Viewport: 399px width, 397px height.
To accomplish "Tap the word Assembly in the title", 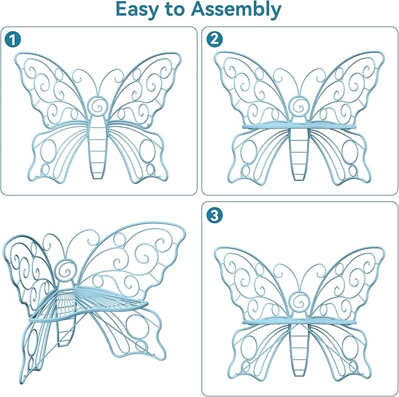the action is pyautogui.click(x=236, y=10).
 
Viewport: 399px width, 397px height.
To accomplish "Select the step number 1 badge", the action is pyautogui.click(x=12, y=39).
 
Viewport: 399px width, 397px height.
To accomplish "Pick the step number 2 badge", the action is pyautogui.click(x=214, y=39).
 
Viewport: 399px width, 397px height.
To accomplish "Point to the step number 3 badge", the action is pyautogui.click(x=214, y=215).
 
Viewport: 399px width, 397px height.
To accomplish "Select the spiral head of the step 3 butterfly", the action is pyautogui.click(x=299, y=301).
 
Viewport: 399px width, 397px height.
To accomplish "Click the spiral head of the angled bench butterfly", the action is pyautogui.click(x=66, y=271).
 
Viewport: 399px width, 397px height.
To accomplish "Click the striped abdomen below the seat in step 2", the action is pyautogui.click(x=299, y=154).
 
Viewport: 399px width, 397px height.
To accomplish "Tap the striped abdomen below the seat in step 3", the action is pyautogui.click(x=299, y=350).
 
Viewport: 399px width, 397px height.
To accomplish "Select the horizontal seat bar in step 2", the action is pyautogui.click(x=299, y=126).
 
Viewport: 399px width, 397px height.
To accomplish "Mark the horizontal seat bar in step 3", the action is pyautogui.click(x=299, y=322).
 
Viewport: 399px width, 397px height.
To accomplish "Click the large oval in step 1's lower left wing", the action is pyautogui.click(x=48, y=152).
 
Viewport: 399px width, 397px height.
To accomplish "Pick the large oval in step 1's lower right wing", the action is pyautogui.click(x=147, y=152).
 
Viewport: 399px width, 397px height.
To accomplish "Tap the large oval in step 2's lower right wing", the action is pyautogui.click(x=350, y=152).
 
